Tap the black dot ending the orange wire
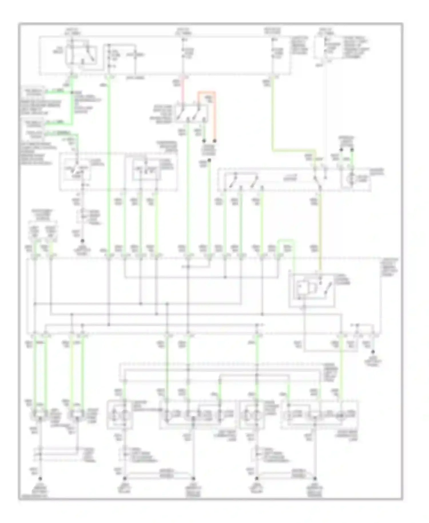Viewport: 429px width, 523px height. pos(214,141)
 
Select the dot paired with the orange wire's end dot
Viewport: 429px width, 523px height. pos(204,141)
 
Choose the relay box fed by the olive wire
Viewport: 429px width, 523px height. pos(312,290)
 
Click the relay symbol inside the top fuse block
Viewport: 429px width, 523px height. pos(82,54)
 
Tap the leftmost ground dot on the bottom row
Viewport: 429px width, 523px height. pos(40,479)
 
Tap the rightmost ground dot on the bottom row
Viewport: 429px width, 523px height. pos(315,478)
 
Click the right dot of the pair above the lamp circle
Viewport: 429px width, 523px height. pos(352,149)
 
